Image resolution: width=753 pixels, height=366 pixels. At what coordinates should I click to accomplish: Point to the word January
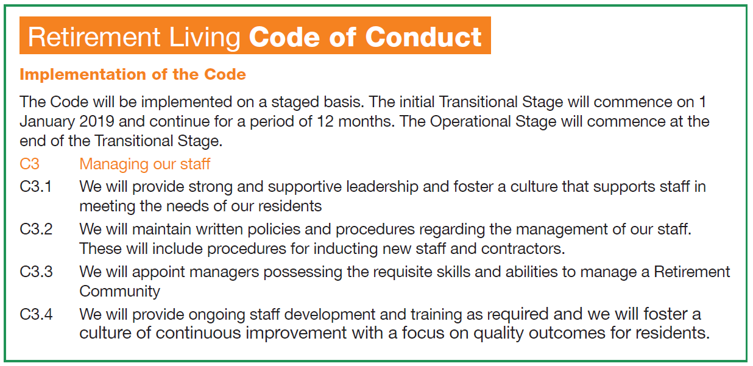pos(47,121)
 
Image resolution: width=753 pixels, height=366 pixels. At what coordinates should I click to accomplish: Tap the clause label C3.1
pos(36,186)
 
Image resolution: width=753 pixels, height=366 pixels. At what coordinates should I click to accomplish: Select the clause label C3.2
pos(36,230)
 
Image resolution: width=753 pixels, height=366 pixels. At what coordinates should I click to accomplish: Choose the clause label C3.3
pos(36,272)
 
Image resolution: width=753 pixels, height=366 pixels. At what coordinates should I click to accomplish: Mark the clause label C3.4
pos(36,315)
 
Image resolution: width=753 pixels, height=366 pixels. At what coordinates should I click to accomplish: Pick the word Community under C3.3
pos(119,291)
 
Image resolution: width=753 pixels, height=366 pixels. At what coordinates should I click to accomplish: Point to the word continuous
pos(199,334)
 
